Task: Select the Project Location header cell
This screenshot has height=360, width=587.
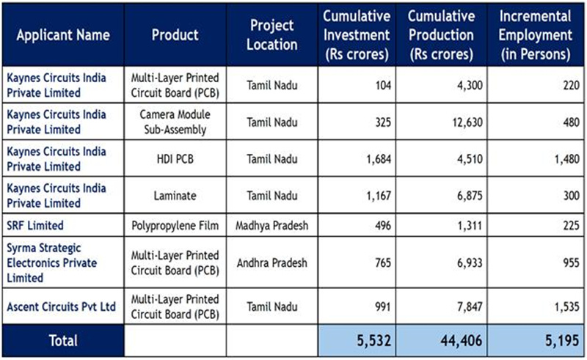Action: point(274,34)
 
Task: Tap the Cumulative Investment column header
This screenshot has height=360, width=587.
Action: point(357,34)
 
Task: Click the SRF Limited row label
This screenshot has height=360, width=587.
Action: point(35,225)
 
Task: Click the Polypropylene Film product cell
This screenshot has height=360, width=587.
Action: point(175,225)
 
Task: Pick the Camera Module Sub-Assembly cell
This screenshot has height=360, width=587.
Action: point(175,122)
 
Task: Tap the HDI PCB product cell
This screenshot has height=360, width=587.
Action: point(175,159)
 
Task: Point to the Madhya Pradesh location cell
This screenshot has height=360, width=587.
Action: point(274,225)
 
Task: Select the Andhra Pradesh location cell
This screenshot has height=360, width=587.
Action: point(274,262)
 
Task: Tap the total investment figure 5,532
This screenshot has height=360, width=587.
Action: point(364,341)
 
